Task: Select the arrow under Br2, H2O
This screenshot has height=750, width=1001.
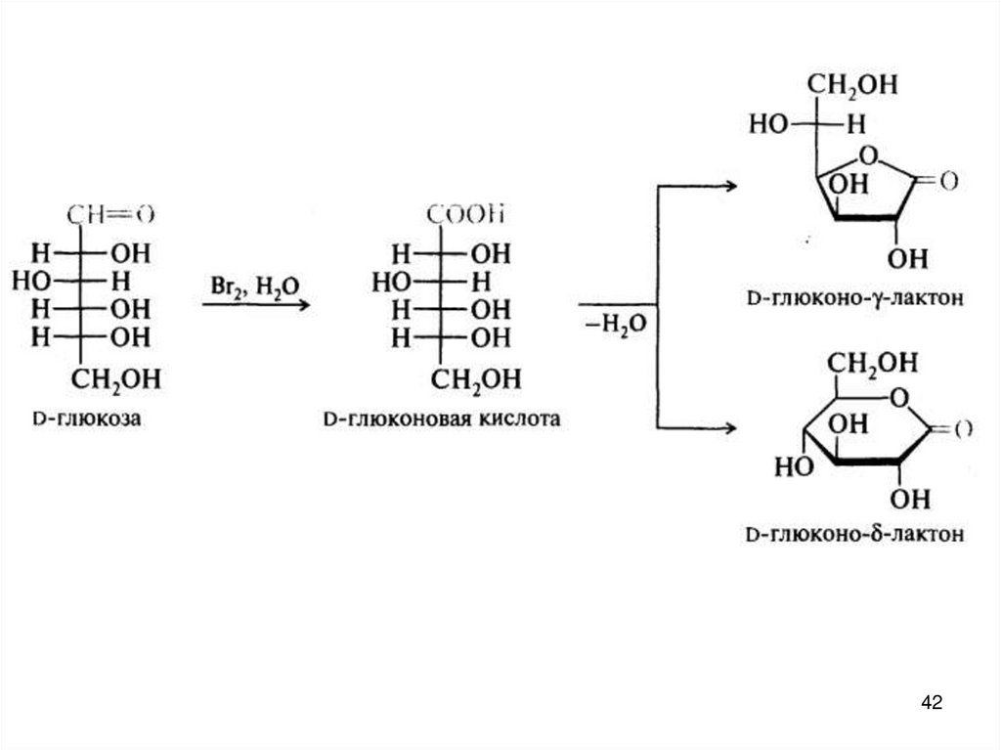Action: [256, 305]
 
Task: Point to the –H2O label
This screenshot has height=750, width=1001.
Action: [616, 324]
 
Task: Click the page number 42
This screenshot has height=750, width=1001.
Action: [932, 702]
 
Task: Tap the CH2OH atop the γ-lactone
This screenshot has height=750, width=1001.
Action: [857, 86]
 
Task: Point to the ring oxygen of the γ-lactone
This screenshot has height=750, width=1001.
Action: [865, 154]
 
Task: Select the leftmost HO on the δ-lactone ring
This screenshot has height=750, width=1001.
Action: [793, 466]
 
